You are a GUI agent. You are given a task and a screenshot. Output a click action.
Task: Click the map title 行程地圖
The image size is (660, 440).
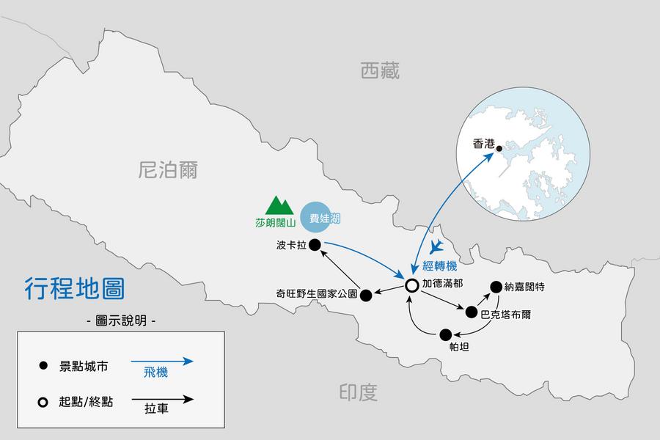pyautogui.click(x=75, y=288)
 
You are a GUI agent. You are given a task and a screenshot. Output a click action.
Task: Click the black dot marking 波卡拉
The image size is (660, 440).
pyautogui.click(x=315, y=245)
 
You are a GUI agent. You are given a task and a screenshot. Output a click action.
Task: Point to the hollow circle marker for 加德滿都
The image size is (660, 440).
pyautogui.click(x=412, y=285)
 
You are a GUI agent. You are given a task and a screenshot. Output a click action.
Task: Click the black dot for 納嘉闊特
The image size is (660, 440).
pyautogui.click(x=496, y=287)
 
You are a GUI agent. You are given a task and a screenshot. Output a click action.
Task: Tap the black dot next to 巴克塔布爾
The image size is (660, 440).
pyautogui.click(x=471, y=312)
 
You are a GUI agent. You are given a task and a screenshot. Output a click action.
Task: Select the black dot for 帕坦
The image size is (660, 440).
pyautogui.click(x=446, y=334)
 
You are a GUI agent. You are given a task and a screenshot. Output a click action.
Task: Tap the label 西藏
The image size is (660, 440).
pyautogui.click(x=380, y=71)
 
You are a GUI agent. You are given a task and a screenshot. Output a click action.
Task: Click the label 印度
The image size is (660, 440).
pyautogui.click(x=359, y=393)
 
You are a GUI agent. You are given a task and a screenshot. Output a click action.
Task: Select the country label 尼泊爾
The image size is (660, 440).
pyautogui.click(x=168, y=171)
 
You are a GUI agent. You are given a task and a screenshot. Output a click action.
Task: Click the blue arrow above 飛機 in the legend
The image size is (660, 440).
pyautogui.click(x=162, y=361)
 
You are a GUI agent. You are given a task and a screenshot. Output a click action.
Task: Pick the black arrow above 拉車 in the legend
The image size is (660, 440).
pyautogui.click(x=162, y=400)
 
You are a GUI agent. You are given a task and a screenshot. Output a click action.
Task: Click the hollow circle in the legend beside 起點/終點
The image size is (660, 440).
pyautogui.click(x=43, y=402)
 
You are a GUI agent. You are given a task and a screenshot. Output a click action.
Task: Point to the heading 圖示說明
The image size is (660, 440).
pyautogui.click(x=121, y=320)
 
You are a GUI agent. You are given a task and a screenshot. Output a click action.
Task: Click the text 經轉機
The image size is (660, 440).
pyautogui.click(x=441, y=264)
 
